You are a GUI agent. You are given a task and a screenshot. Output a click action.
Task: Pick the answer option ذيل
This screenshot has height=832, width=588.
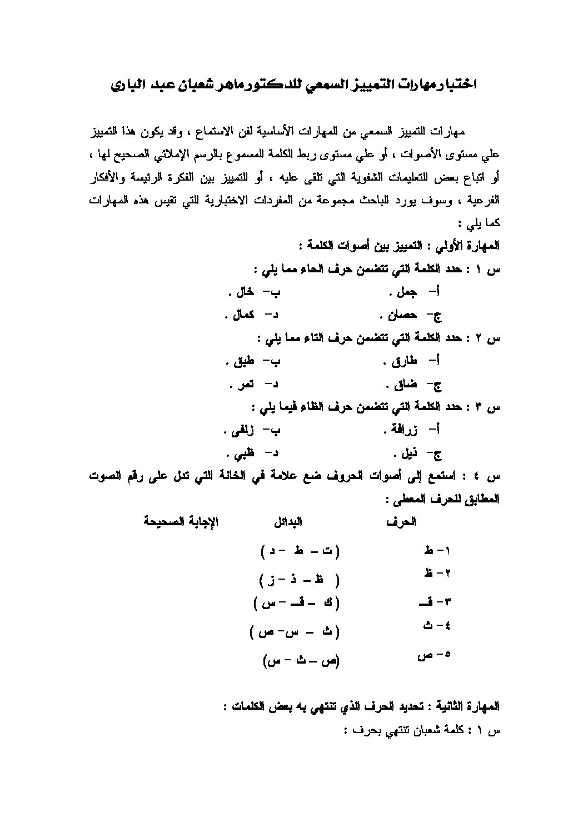(405, 454)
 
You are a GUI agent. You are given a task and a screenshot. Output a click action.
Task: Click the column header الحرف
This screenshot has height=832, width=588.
(402, 522)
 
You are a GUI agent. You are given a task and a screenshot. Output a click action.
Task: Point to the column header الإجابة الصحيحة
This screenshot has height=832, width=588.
(181, 522)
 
